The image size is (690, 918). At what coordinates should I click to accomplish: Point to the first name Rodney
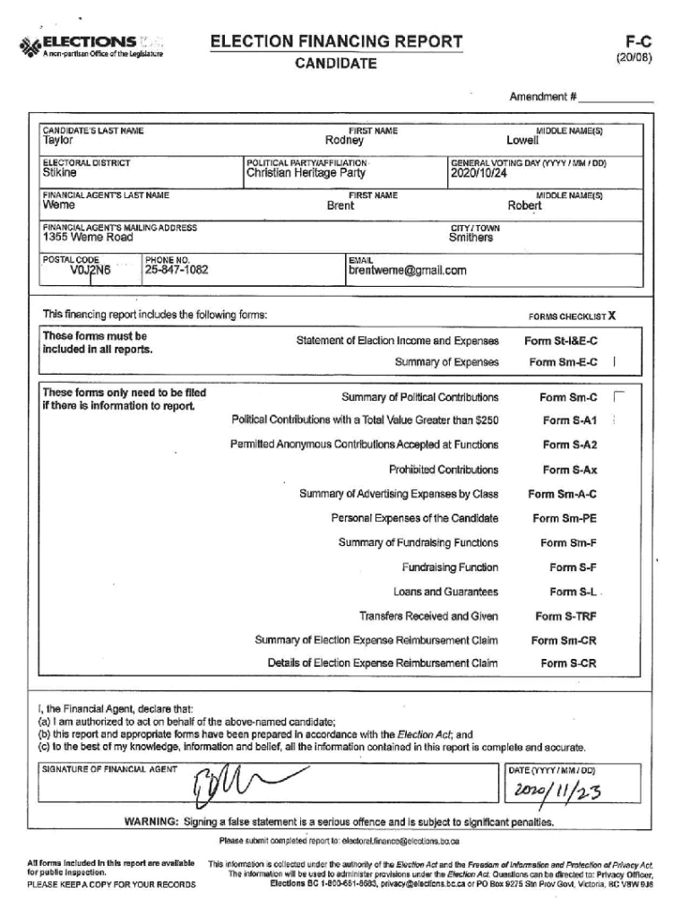(344, 141)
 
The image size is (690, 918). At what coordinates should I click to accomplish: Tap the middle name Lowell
(522, 141)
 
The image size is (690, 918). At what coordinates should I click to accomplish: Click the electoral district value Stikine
(60, 173)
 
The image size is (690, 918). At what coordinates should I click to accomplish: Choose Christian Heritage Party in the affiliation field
(306, 173)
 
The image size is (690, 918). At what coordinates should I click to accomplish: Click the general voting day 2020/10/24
(479, 173)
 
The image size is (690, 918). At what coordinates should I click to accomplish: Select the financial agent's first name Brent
(340, 205)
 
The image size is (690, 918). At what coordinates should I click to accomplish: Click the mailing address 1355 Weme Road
(88, 238)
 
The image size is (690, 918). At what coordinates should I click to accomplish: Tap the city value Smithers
(470, 238)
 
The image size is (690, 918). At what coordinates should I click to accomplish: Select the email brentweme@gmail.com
(407, 270)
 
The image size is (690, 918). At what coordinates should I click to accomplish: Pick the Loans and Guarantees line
(445, 592)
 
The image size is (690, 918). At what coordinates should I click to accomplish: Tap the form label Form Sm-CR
(564, 640)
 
